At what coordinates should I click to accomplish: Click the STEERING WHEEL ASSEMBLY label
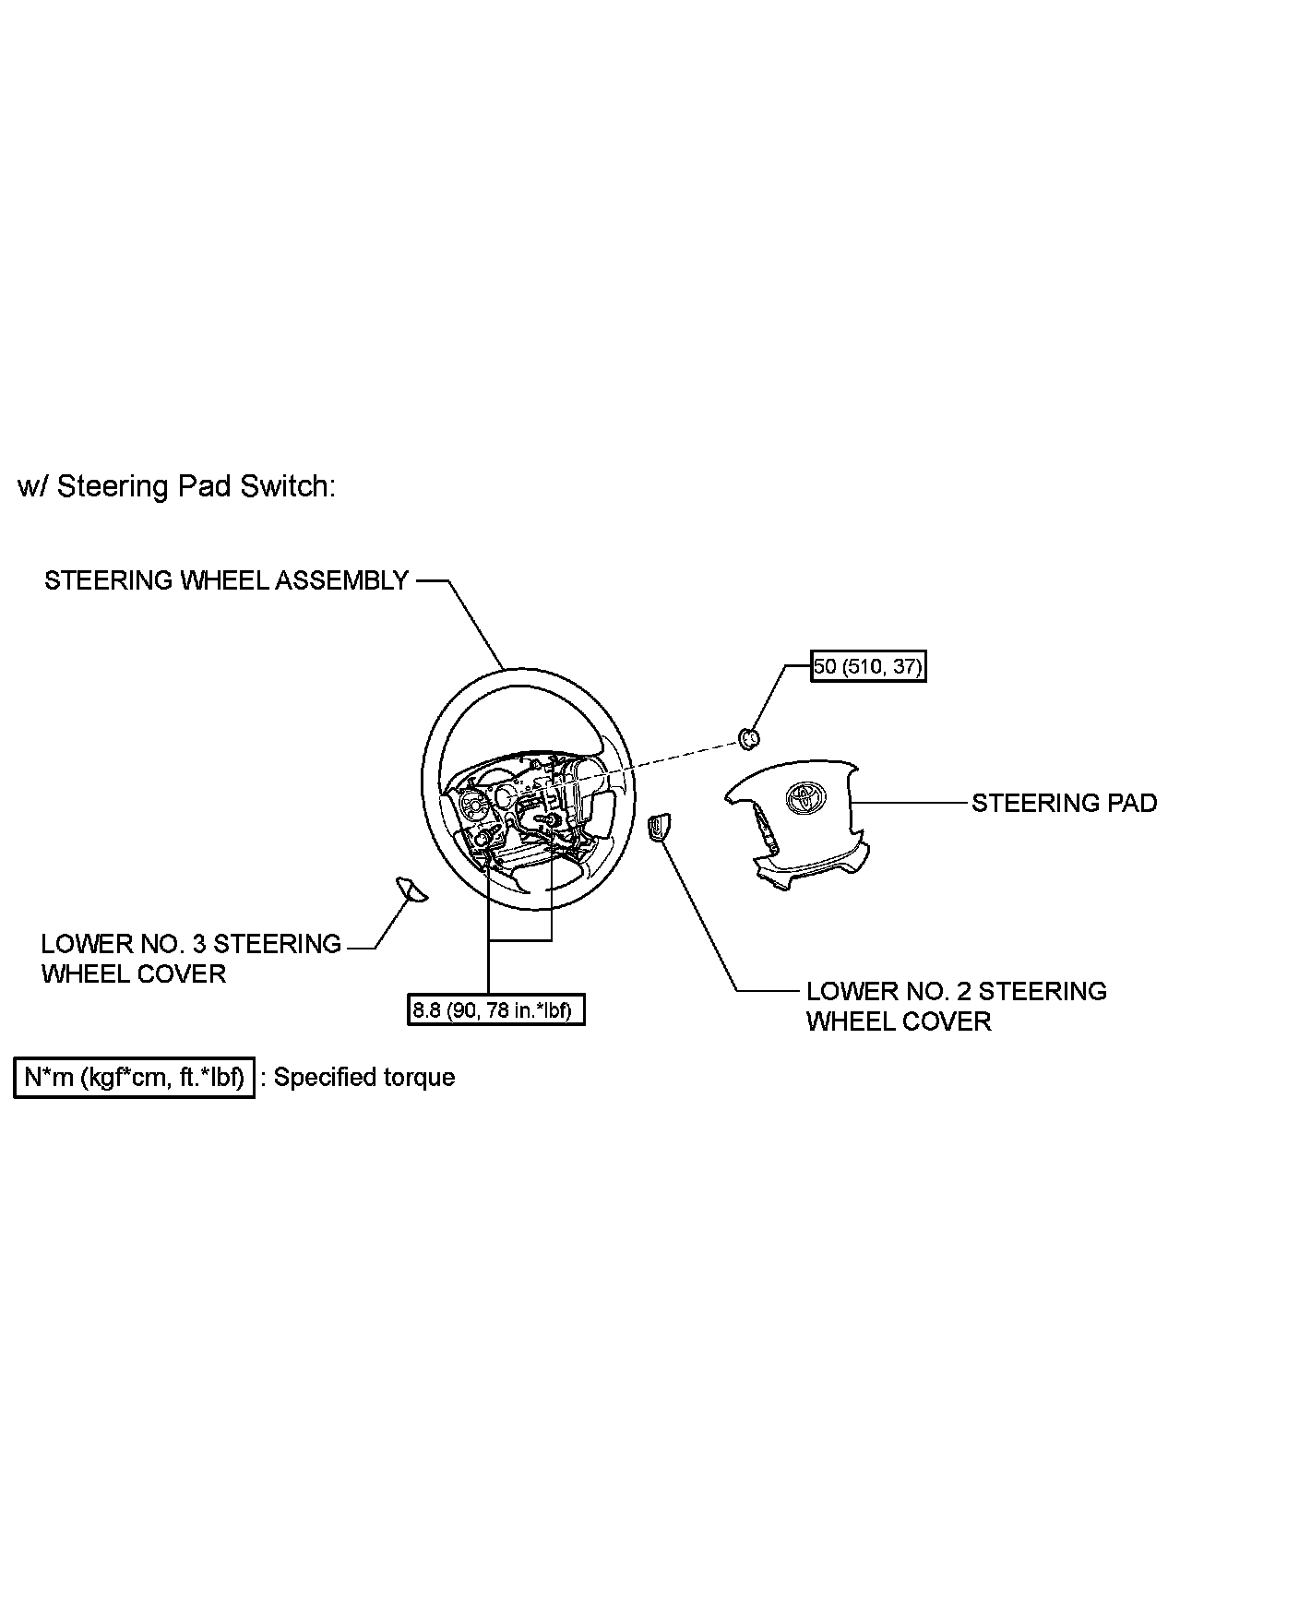click(x=226, y=580)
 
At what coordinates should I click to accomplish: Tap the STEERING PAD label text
click(x=1064, y=803)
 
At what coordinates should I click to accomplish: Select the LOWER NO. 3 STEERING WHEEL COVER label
click(x=191, y=959)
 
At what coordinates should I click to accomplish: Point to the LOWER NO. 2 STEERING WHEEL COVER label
click(x=956, y=1006)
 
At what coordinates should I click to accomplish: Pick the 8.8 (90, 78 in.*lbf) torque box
click(x=496, y=1009)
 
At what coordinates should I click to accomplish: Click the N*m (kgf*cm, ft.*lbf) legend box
click(x=134, y=1078)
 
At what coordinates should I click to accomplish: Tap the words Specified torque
click(x=364, y=1078)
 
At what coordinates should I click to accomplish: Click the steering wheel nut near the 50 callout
click(x=749, y=736)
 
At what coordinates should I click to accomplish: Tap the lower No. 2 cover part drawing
click(x=659, y=827)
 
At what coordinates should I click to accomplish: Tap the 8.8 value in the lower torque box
click(x=426, y=1009)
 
